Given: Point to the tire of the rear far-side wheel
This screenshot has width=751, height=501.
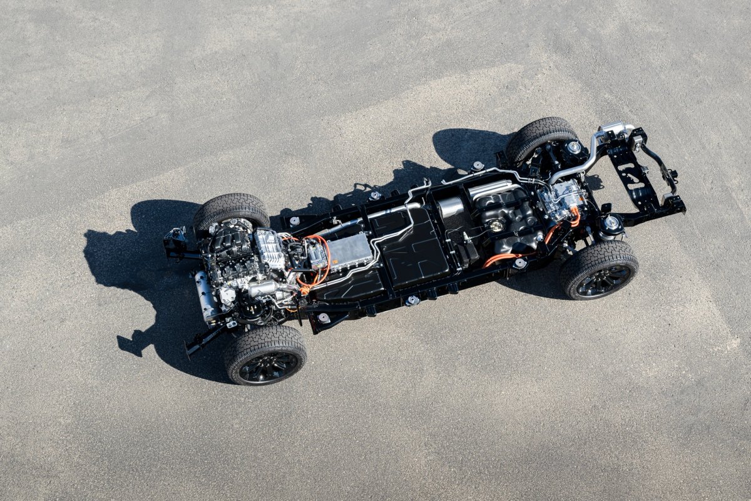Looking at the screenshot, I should pos(538,133).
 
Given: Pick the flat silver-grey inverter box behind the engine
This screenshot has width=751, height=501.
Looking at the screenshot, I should pos(349,250).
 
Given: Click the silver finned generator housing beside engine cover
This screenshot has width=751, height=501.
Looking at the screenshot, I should pos(270,247).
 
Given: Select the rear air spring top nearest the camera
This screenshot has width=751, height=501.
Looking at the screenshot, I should pos(611,223).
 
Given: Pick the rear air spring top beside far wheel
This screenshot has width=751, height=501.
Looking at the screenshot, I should pos(573,148).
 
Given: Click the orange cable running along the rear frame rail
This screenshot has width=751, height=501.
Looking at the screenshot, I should pos(501,257).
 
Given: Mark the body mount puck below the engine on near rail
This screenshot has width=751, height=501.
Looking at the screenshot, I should pos(324,318).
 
